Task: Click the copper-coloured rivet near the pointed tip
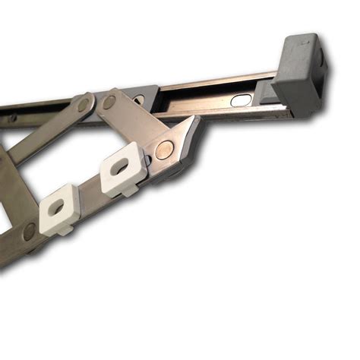coord(162,150)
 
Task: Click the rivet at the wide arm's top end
coord(111,102)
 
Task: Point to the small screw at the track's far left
coord(11,118)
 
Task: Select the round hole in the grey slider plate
coord(138,99)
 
